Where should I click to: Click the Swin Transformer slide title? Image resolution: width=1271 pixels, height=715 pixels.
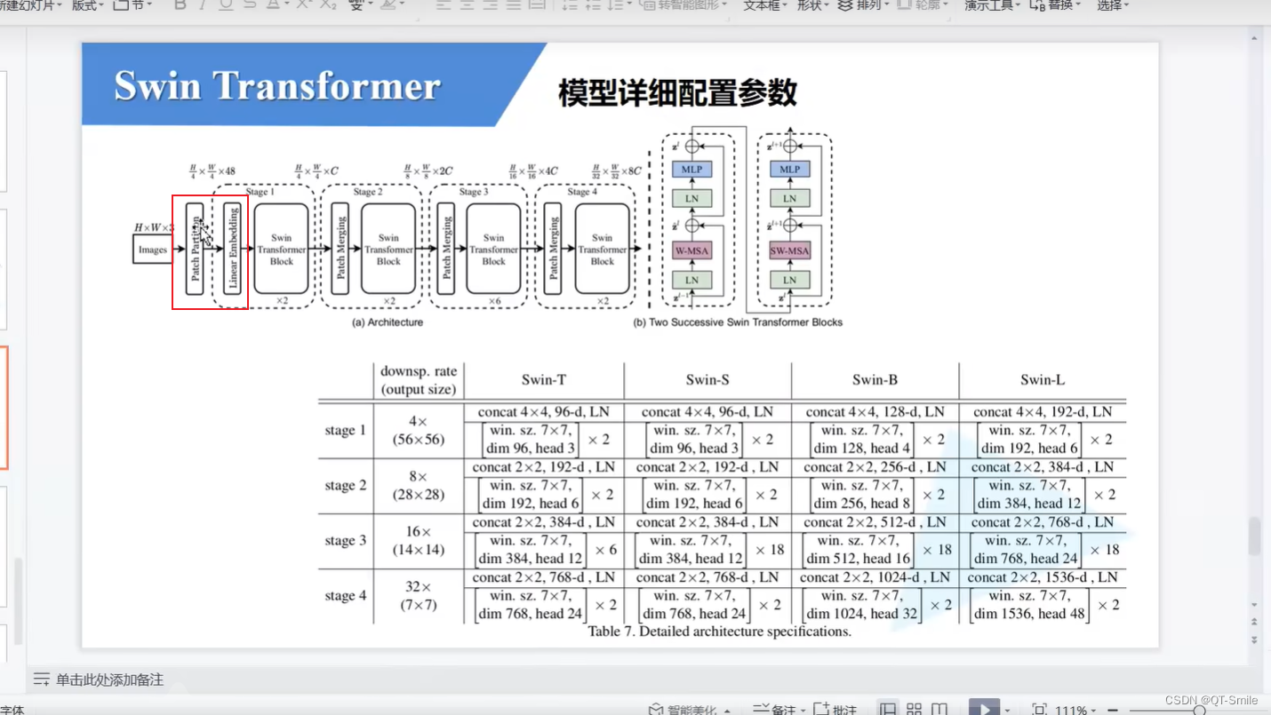[277, 86]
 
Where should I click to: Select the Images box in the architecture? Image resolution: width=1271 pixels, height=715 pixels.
[152, 250]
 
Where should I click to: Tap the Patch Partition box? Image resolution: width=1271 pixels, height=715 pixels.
[195, 249]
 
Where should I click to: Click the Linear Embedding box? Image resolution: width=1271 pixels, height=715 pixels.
[233, 249]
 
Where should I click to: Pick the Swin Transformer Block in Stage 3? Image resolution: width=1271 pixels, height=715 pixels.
[493, 249]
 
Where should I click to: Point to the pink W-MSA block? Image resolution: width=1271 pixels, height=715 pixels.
[691, 251]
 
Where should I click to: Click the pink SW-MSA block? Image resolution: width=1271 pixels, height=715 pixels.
[789, 251]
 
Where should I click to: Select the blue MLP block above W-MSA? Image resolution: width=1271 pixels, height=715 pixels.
[691, 169]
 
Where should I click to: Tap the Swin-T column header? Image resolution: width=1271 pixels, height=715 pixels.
[543, 380]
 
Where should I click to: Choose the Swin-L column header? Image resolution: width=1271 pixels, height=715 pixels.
[1042, 380]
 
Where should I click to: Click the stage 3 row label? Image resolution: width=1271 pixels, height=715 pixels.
[346, 540]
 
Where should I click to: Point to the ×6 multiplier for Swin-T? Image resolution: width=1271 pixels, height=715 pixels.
[605, 550]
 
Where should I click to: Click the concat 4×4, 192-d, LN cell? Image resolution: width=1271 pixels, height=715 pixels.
[1042, 412]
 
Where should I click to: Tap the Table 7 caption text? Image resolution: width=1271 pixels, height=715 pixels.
[719, 632]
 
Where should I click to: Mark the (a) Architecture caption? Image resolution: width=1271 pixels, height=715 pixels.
[388, 322]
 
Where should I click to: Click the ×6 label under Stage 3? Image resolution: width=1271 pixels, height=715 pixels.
[495, 301]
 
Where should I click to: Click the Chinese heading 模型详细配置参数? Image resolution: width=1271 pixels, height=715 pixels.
[677, 92]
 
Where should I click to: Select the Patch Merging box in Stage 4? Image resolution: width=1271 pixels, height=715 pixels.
[553, 249]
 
